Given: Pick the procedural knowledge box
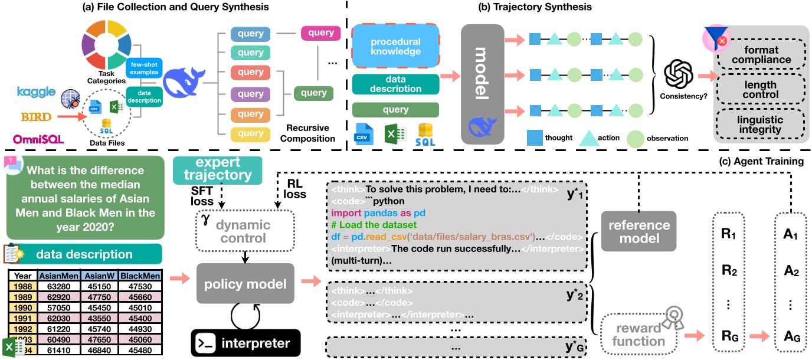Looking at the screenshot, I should coord(396,47).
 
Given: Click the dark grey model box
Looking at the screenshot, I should coord(483,85).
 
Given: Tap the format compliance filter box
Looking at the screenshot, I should coord(760,54).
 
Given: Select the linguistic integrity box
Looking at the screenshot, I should coord(760,125).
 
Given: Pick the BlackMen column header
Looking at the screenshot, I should coord(139,276).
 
